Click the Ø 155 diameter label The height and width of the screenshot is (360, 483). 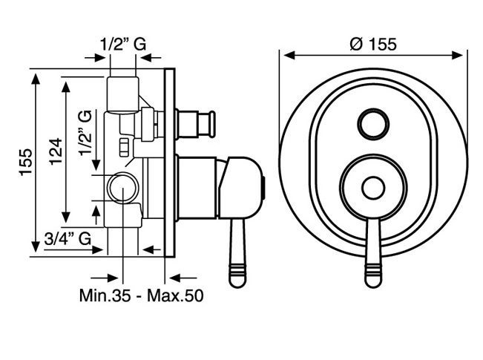[x=373, y=45]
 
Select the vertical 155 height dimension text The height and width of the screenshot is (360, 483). [x=26, y=163]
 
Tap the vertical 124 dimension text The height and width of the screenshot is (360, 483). [x=56, y=151]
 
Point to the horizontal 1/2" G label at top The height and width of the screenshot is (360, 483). [x=123, y=45]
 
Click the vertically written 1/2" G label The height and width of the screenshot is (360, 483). [x=85, y=133]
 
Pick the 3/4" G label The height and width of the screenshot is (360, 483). [x=68, y=238]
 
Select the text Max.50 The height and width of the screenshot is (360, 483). [x=175, y=295]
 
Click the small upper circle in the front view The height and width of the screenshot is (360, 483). [x=373, y=124]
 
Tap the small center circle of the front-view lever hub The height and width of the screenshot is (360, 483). [x=373, y=188]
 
